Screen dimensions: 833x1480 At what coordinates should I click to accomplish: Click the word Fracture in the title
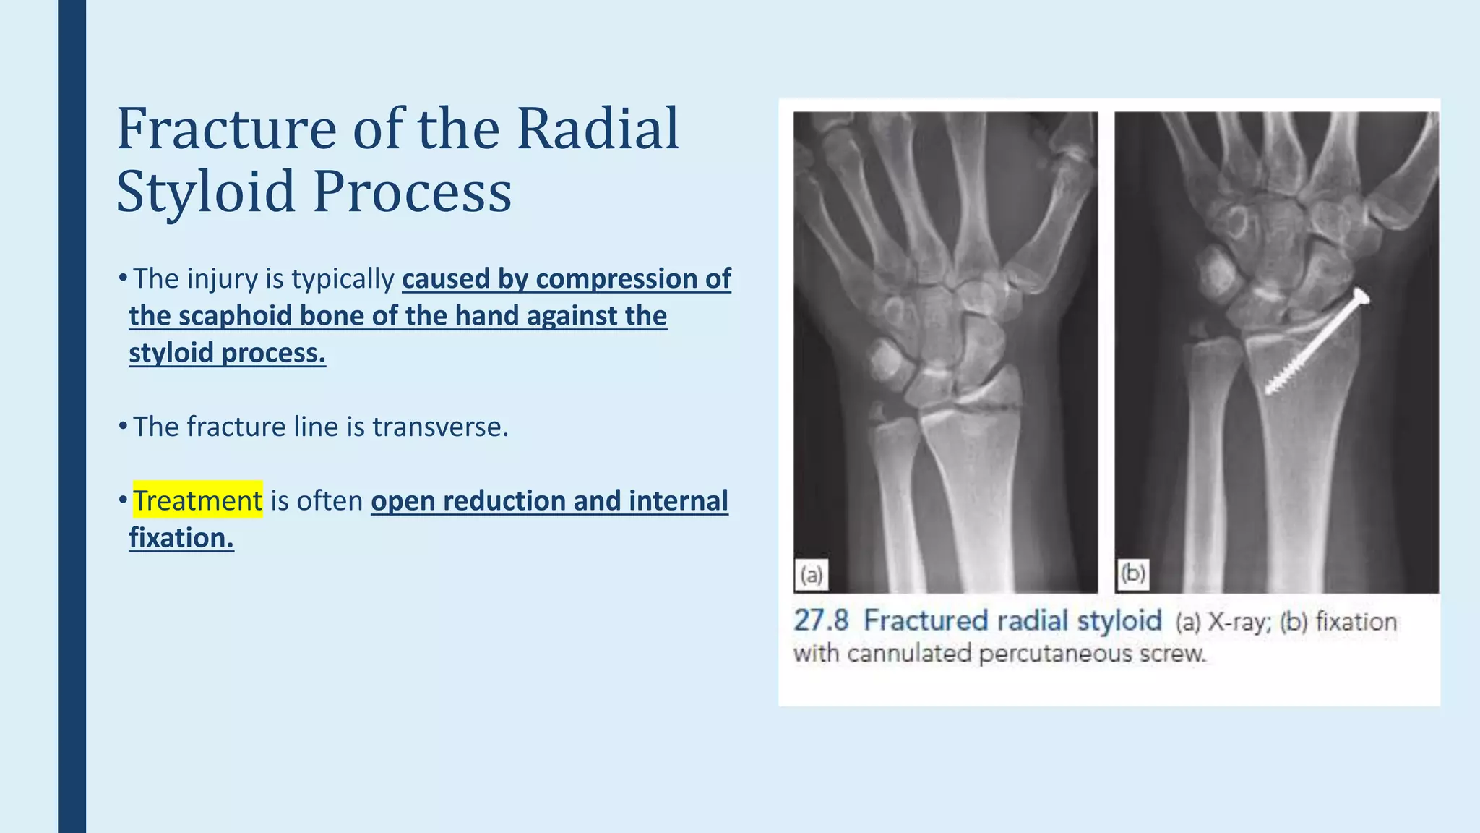point(226,129)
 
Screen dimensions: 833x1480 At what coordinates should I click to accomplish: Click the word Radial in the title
point(598,129)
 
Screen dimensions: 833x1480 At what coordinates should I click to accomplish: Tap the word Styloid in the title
point(205,192)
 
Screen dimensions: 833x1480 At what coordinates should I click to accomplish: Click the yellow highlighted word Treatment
point(197,500)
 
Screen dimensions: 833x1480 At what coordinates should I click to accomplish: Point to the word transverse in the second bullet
point(440,427)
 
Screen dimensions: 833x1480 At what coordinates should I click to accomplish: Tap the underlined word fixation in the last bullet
point(181,538)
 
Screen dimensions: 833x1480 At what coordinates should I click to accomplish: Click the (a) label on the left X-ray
point(811,575)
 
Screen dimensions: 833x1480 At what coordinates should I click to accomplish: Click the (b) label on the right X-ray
point(1132,574)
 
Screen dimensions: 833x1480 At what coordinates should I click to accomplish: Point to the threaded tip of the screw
point(1273,388)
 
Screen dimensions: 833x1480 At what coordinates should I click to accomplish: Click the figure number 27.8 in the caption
point(821,620)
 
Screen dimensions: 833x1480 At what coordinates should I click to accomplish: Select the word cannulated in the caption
point(909,654)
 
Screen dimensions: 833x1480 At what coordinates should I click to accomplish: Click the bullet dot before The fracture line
point(123,427)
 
